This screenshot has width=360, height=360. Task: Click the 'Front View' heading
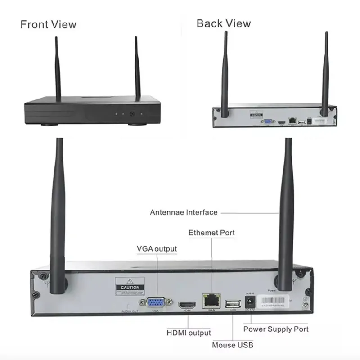pos(49,24)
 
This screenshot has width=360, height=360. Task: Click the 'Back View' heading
pos(224,23)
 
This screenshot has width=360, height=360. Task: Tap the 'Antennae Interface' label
pos(184,212)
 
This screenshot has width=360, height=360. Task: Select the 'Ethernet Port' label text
pos(211,233)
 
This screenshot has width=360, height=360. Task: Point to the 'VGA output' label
pos(157,249)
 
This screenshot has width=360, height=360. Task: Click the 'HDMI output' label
pos(189,333)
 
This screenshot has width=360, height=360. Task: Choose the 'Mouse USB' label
pos(233,345)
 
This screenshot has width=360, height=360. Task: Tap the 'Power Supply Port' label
pos(276,329)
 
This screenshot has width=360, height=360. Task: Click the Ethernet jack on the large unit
pos(211,300)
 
